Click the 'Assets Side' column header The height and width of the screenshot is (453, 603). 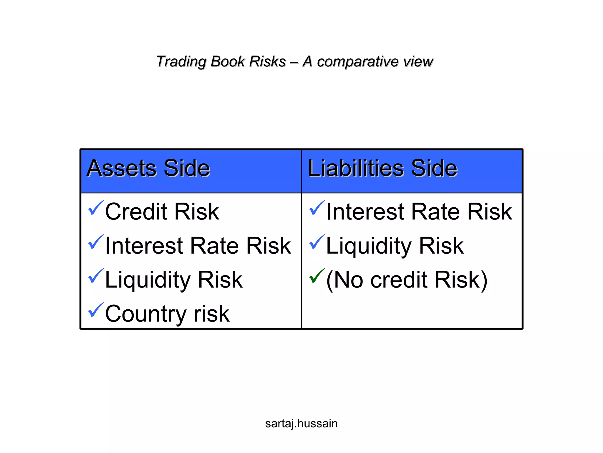click(x=148, y=168)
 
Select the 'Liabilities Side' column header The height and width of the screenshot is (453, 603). click(x=382, y=168)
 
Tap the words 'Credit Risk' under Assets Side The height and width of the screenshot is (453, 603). click(x=162, y=211)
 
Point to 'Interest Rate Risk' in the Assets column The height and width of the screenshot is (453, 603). click(x=198, y=246)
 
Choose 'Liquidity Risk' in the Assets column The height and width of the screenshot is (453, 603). click(x=174, y=280)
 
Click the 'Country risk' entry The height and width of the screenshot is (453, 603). click(x=167, y=314)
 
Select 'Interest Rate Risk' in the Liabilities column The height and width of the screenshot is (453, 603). click(x=419, y=211)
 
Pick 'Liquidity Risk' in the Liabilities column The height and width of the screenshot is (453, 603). click(x=395, y=246)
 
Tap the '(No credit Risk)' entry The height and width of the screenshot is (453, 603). click(x=407, y=280)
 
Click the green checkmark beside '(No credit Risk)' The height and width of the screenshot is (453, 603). click(x=317, y=276)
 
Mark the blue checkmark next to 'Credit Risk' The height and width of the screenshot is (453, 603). click(x=96, y=208)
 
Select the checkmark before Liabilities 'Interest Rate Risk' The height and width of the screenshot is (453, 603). click(x=317, y=208)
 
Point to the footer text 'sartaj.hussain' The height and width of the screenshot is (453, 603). click(x=301, y=424)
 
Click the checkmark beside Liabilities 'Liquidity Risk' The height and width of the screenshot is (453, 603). click(x=317, y=242)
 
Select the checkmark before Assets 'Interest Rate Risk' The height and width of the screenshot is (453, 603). click(x=96, y=242)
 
